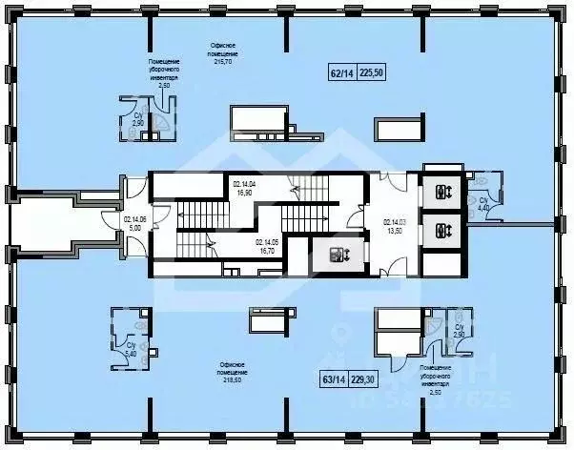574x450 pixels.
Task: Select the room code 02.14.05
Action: [268, 242]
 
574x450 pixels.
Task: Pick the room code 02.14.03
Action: [395, 223]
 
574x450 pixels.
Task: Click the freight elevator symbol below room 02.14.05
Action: [338, 254]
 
